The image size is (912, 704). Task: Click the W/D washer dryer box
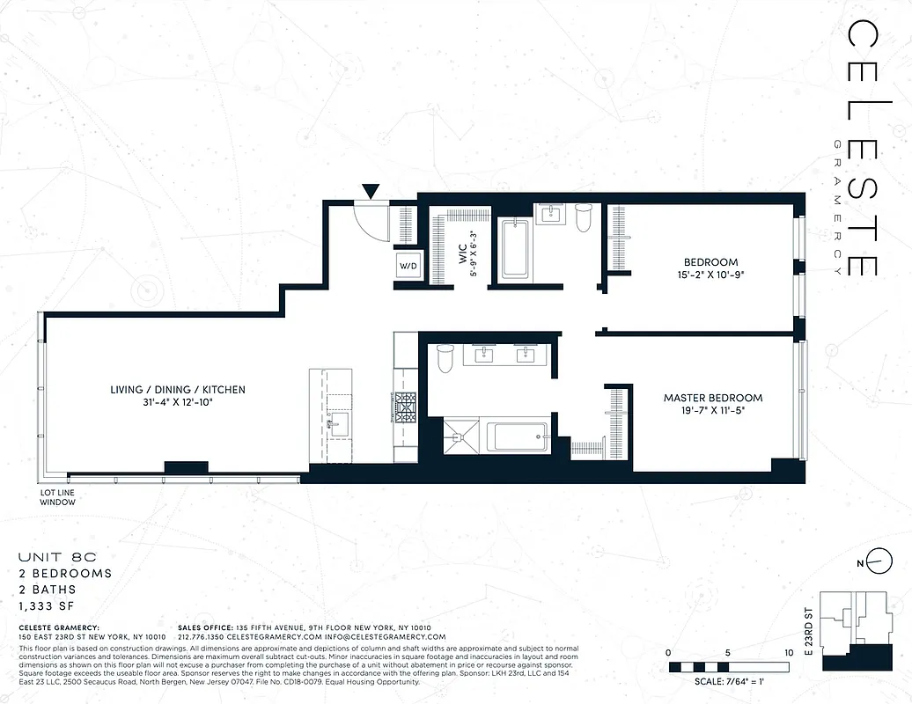[409, 265]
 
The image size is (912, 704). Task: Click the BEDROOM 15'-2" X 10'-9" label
[710, 268]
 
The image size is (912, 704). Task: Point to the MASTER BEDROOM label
[712, 404]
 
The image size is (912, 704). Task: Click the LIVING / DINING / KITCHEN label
[178, 395]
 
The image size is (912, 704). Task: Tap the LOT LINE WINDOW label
[57, 497]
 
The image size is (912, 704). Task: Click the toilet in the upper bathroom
[583, 217]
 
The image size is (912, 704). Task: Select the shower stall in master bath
[457, 437]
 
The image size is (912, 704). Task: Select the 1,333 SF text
[48, 606]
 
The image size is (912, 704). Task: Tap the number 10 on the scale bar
[787, 653]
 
